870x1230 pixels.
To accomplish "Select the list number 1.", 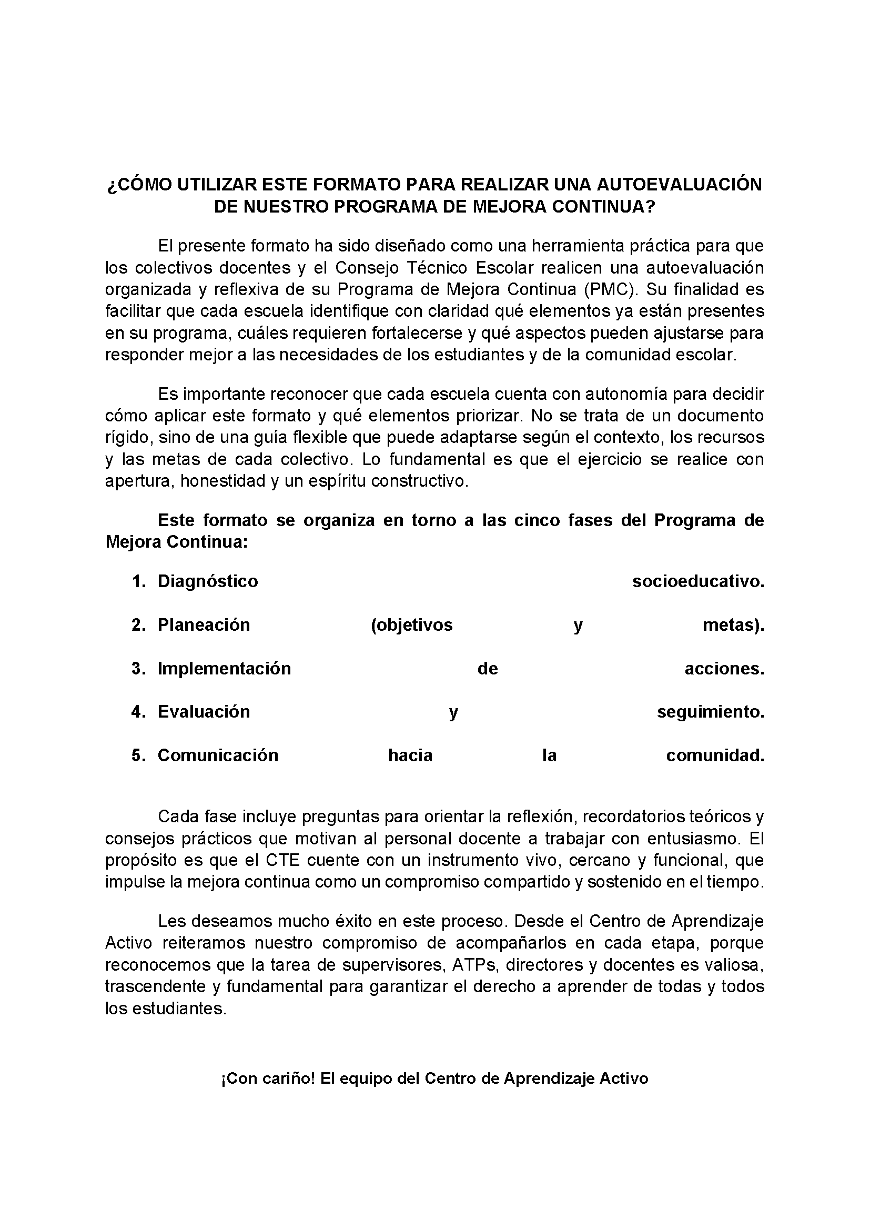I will (x=139, y=581).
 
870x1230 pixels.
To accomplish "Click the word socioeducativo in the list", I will (x=698, y=581).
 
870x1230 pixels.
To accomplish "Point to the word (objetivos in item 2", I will (x=411, y=624).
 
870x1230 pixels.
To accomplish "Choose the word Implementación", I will (x=224, y=669).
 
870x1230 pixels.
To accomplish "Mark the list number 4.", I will (x=139, y=712).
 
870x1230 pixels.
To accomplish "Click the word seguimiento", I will (x=710, y=712).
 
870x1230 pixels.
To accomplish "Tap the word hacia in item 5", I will (x=410, y=755).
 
